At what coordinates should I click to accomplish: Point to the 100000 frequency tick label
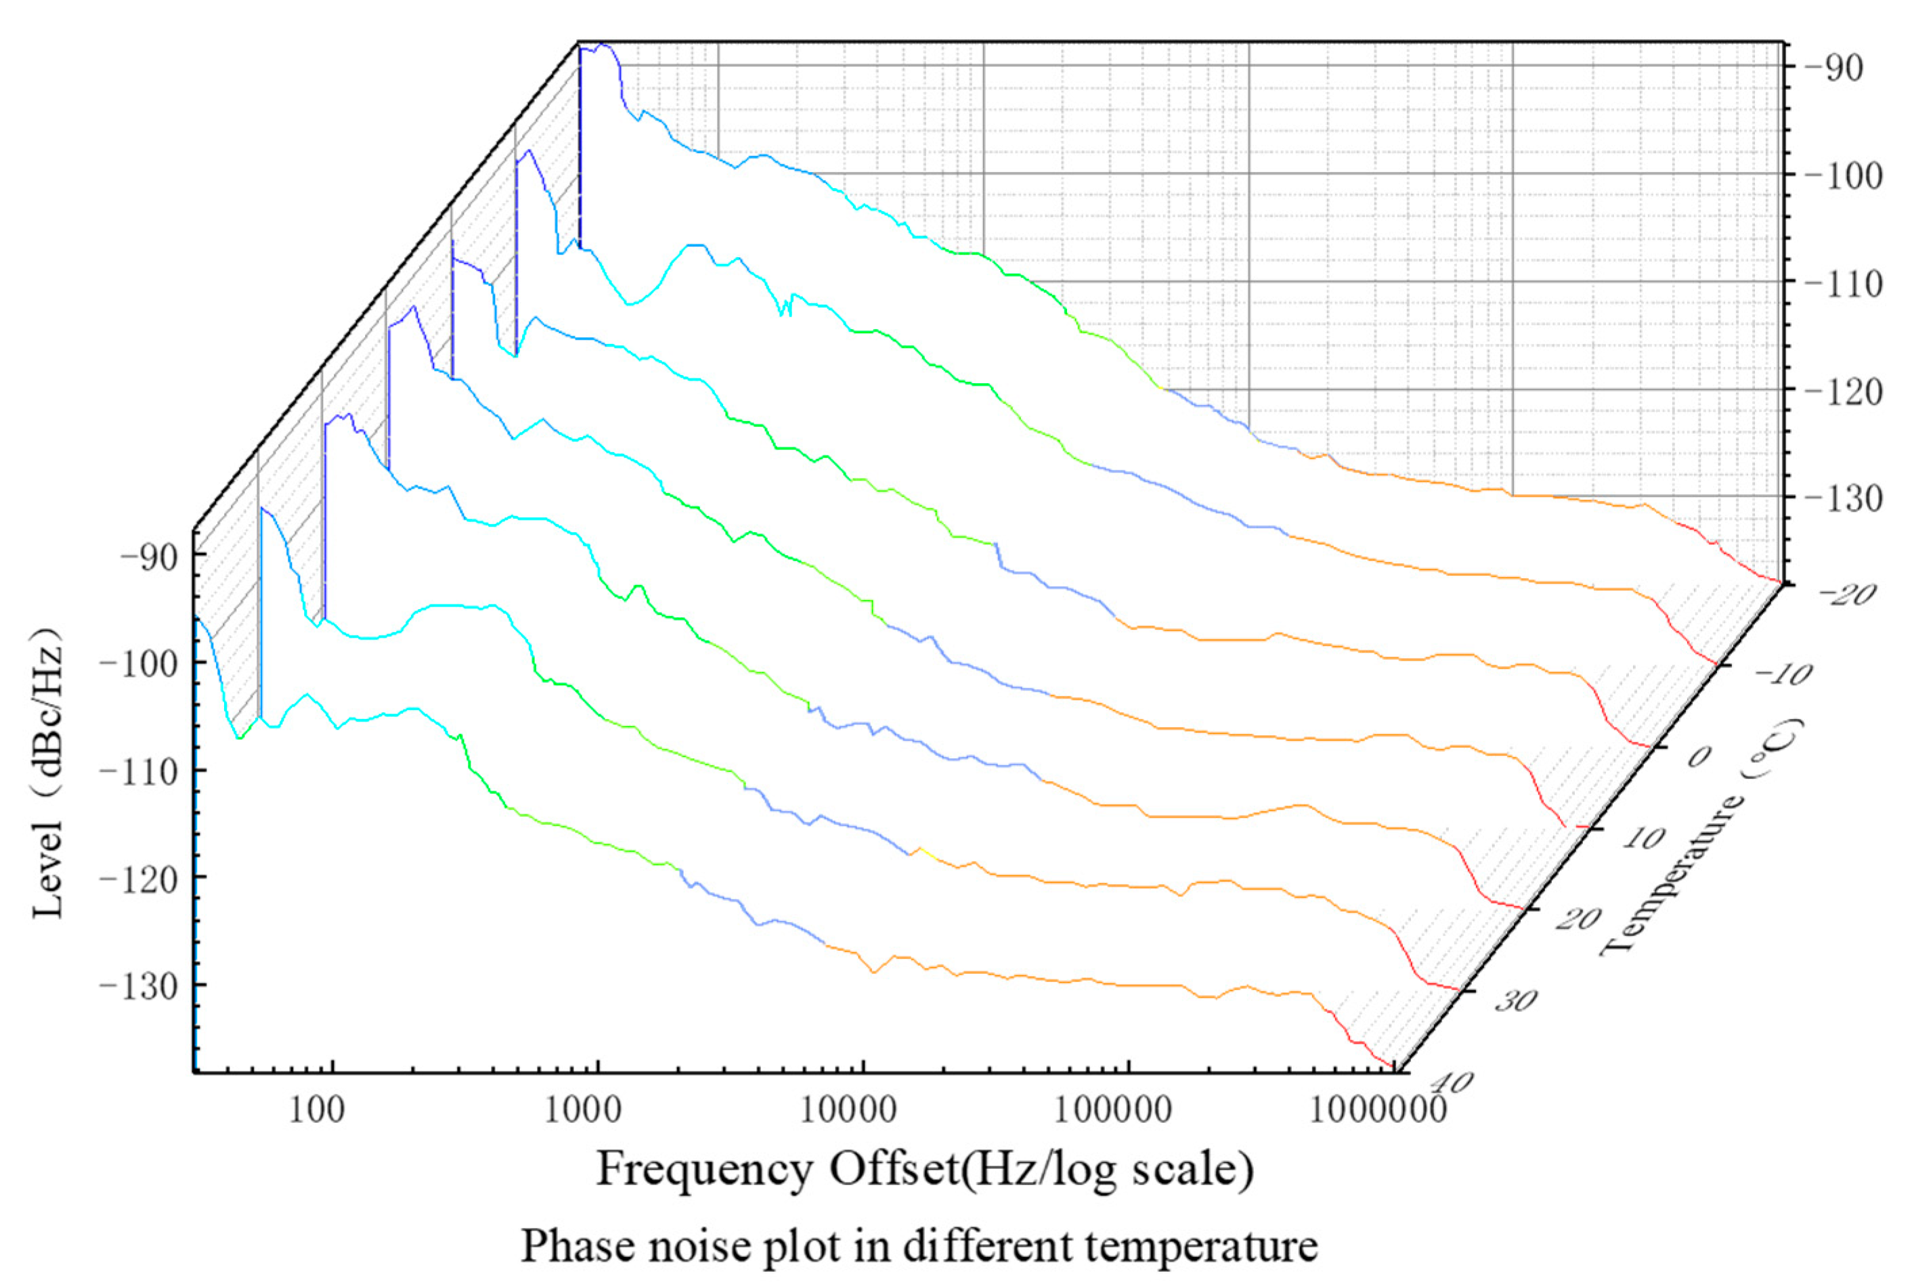coord(1114,1111)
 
